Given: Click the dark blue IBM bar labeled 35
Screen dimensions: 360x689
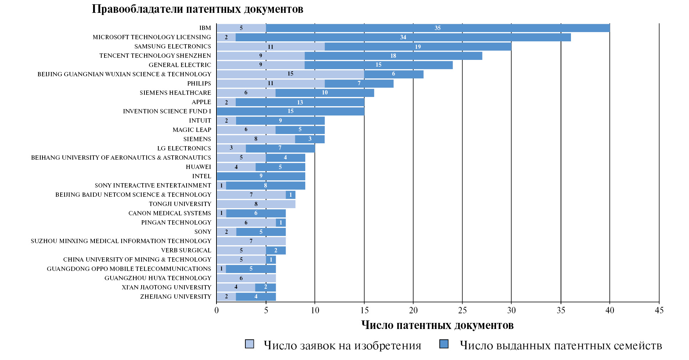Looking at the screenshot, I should coord(438,28).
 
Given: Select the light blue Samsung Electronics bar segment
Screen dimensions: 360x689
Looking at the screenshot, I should coord(270,47).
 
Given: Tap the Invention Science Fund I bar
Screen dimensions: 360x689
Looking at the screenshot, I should coord(290,111).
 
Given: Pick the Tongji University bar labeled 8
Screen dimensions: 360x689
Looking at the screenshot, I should coord(256,204).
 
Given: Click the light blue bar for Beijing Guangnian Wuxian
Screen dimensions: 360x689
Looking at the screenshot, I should coord(290,74).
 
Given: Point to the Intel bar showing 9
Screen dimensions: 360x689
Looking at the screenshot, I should coord(261,176).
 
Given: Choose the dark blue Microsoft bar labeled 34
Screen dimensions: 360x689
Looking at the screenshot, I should coord(403,37).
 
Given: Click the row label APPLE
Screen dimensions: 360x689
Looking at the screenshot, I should coord(201,102).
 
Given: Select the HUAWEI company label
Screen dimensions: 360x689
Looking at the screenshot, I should coord(198,167).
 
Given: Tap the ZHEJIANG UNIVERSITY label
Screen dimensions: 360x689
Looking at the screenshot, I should coord(175,297).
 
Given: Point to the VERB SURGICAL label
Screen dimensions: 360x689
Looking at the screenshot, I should coord(186,250).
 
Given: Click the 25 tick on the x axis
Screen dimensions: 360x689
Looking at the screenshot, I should coord(462,310).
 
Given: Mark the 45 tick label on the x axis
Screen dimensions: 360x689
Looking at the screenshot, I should coord(659,310).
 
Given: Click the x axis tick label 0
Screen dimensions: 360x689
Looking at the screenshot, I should coord(216,310).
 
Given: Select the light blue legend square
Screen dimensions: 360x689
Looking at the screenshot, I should coord(250,344).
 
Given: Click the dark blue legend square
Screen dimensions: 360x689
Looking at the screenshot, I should coord(444,344).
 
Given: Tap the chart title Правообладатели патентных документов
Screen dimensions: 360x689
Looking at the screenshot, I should coord(197,9).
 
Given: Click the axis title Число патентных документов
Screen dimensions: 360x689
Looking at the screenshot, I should coord(437,325).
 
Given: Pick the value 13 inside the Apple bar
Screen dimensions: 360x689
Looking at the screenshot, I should coord(300,102).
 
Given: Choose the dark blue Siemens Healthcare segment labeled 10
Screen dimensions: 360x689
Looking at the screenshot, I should coord(325,93).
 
